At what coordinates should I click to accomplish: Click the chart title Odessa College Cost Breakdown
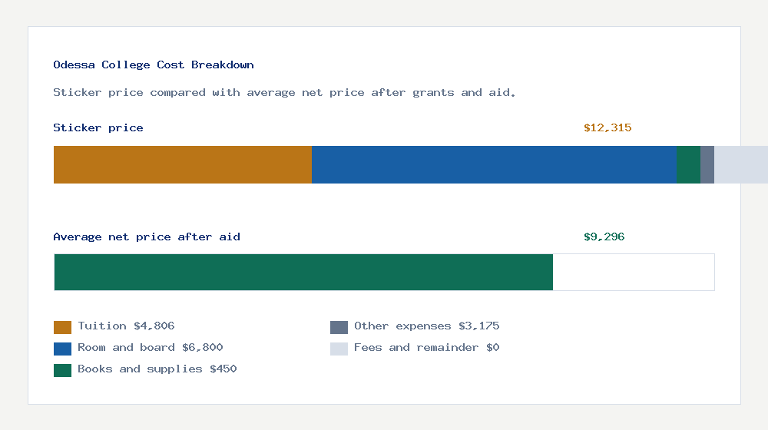pyautogui.click(x=154, y=65)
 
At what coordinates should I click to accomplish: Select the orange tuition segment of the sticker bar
pyautogui.click(x=183, y=164)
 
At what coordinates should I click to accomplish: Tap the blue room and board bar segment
pyautogui.click(x=494, y=164)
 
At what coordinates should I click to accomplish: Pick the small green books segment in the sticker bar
pyautogui.click(x=688, y=164)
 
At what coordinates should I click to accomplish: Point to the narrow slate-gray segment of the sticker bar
pyautogui.click(x=707, y=164)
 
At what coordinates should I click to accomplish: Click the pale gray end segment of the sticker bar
pyautogui.click(x=740, y=164)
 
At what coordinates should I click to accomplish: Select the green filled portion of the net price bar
pyautogui.click(x=303, y=272)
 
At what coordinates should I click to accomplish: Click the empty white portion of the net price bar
pyautogui.click(x=634, y=272)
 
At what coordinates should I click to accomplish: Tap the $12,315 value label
pyautogui.click(x=607, y=128)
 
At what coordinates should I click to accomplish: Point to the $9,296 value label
pyautogui.click(x=604, y=237)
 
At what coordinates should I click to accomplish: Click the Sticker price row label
pyautogui.click(x=98, y=128)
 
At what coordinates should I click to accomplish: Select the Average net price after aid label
pyautogui.click(x=147, y=237)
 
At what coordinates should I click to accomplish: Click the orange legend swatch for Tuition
pyautogui.click(x=62, y=327)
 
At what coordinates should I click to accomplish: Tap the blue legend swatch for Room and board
pyautogui.click(x=62, y=349)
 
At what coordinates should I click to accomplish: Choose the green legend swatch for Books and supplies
pyautogui.click(x=62, y=370)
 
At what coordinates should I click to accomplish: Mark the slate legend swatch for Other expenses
pyautogui.click(x=339, y=327)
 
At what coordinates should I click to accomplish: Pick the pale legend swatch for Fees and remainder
pyautogui.click(x=339, y=349)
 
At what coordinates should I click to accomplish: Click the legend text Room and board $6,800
pyautogui.click(x=151, y=348)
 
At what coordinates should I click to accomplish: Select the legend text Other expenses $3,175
pyautogui.click(x=427, y=326)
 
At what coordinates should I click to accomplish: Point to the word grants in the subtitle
pyautogui.click(x=433, y=93)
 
